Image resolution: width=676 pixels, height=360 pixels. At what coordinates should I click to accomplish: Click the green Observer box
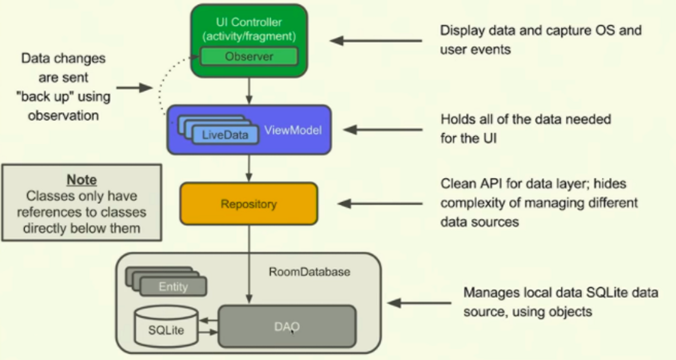point(249,56)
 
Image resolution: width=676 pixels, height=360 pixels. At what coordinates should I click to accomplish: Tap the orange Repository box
point(249,204)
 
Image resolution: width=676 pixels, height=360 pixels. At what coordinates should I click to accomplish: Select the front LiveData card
point(226,135)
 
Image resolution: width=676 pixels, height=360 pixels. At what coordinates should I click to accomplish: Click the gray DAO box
point(287,326)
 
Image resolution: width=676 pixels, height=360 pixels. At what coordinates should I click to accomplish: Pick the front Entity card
point(173,287)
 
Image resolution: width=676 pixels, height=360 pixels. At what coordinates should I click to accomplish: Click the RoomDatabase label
point(309,272)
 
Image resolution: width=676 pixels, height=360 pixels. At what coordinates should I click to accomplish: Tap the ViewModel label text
point(294,130)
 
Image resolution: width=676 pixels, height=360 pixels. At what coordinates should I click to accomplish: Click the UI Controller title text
point(249,23)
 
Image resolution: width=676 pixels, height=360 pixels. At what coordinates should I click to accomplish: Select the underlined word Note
point(81,180)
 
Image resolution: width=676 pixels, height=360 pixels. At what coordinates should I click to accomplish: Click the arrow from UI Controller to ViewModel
point(249,91)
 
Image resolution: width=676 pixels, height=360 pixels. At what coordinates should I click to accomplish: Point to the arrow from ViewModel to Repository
point(249,168)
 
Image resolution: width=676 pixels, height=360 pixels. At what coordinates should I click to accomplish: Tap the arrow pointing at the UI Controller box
point(376,40)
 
